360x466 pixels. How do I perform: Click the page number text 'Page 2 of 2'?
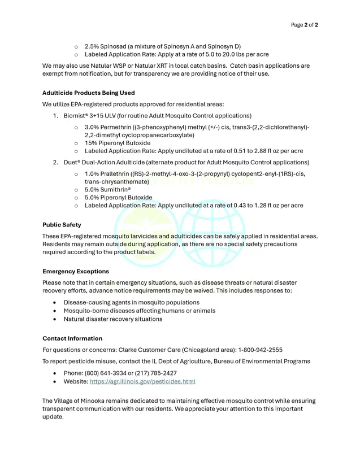click(304, 25)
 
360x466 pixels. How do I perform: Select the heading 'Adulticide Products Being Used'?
click(88, 93)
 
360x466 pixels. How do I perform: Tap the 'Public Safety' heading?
click(62, 225)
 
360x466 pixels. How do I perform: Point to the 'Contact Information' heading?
click(72, 338)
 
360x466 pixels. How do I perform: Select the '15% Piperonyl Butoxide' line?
click(118, 143)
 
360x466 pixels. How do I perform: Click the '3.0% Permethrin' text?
click(109, 128)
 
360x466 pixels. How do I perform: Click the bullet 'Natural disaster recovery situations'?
click(112, 319)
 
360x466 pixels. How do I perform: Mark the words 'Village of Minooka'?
click(83, 401)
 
